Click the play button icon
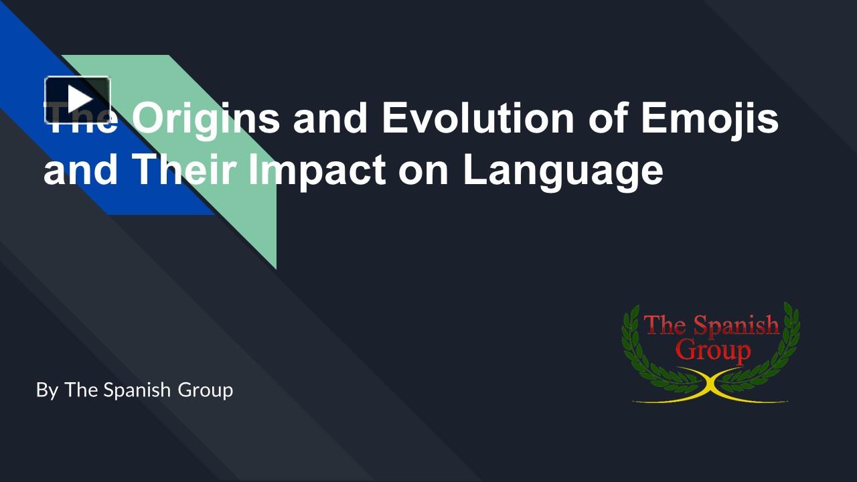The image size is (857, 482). pyautogui.click(x=78, y=100)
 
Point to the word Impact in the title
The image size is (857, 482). pyautogui.click(x=317, y=170)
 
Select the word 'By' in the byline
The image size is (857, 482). pyautogui.click(x=47, y=390)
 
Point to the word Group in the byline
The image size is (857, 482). pyautogui.click(x=205, y=390)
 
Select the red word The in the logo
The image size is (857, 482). pyautogui.click(x=665, y=325)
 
